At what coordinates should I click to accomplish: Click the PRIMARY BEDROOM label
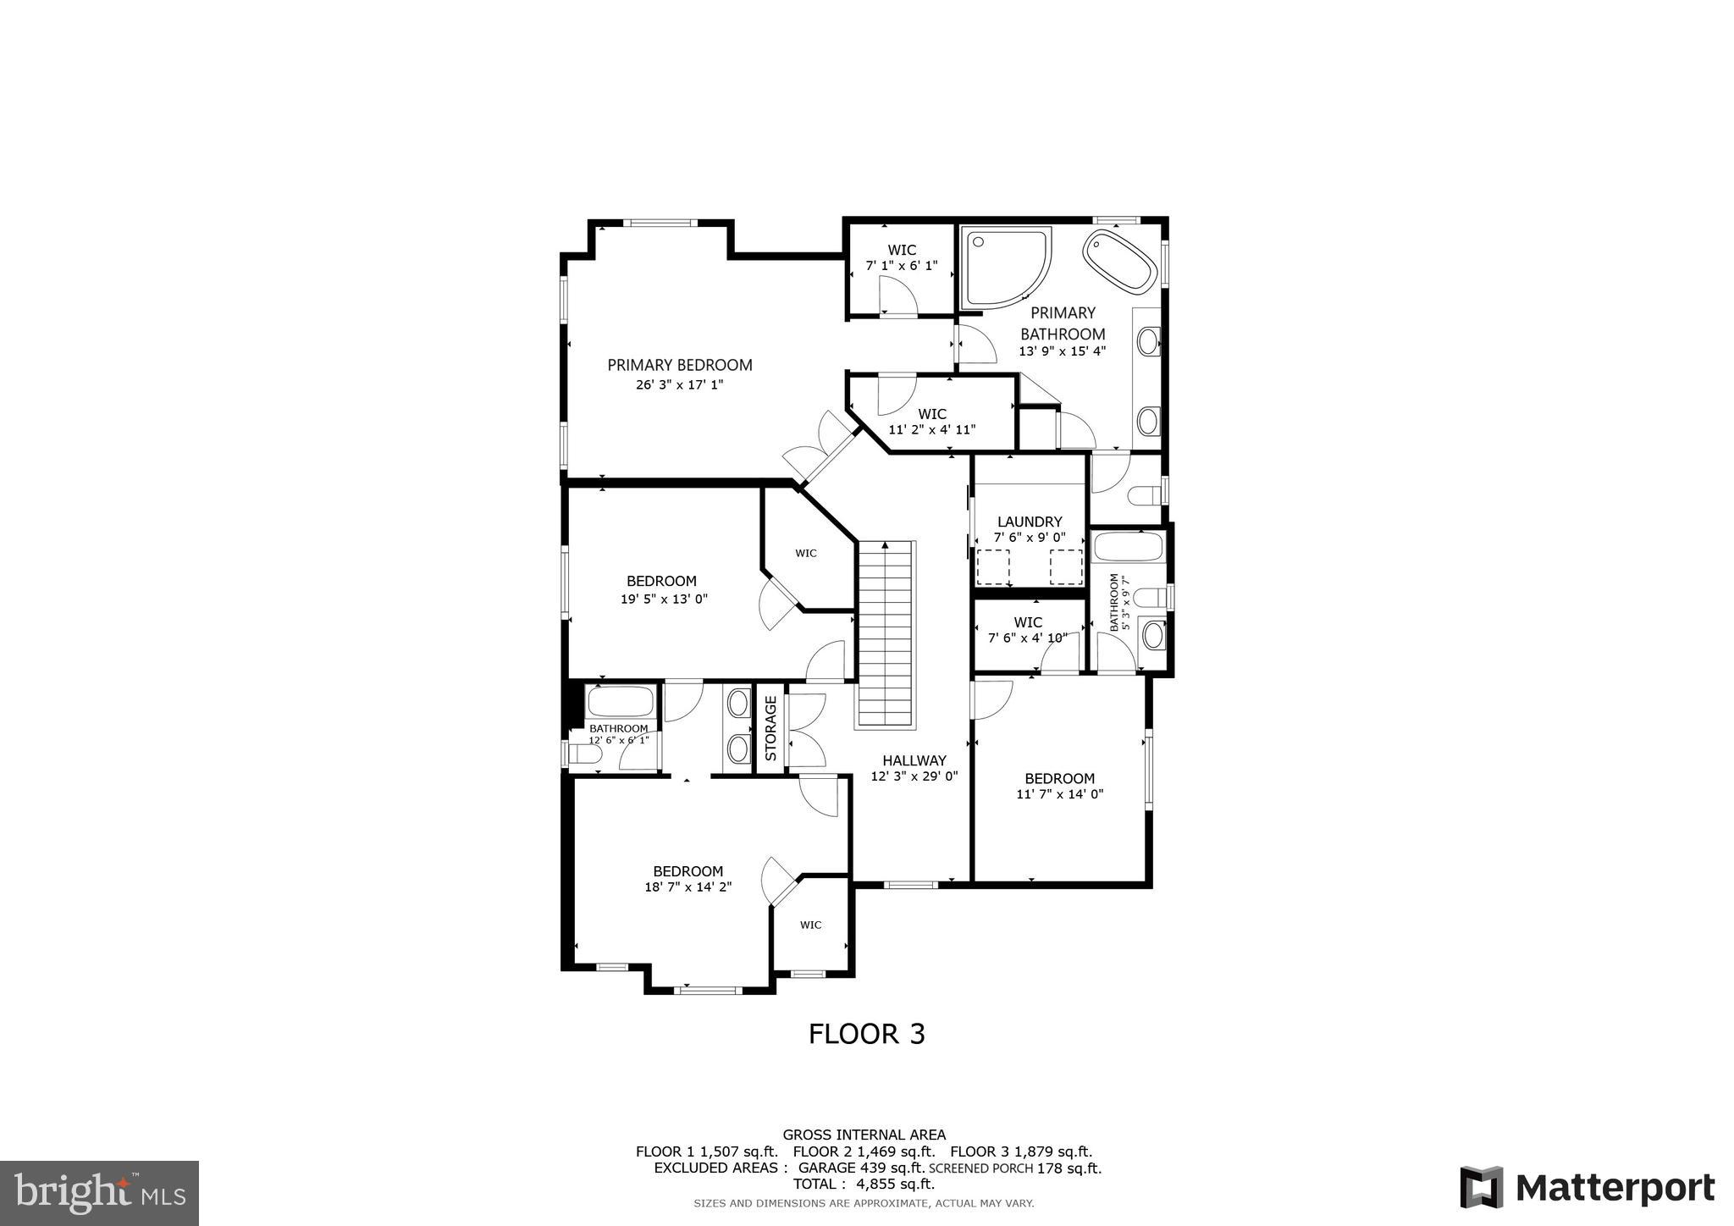(x=679, y=365)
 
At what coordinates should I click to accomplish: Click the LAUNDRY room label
(x=1029, y=522)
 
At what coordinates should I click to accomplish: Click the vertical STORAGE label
(x=770, y=727)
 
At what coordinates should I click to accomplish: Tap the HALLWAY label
(x=914, y=760)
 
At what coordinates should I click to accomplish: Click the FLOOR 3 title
(x=866, y=1034)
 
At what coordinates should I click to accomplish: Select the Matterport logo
(x=1587, y=1188)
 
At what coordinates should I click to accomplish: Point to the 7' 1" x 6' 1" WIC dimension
(x=901, y=266)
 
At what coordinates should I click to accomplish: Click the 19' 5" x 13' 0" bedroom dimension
(x=664, y=599)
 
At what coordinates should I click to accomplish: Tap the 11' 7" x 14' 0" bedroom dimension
(x=1059, y=794)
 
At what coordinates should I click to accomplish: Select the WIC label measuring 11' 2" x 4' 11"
(x=931, y=414)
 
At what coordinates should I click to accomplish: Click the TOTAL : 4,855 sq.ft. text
(x=863, y=1184)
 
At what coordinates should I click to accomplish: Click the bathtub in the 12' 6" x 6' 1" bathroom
(x=621, y=702)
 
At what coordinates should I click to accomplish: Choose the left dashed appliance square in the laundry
(x=993, y=566)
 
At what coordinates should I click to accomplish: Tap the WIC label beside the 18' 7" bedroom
(x=810, y=925)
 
